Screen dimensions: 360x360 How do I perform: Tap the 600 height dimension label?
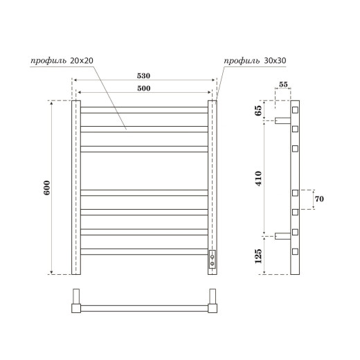tap(47, 188)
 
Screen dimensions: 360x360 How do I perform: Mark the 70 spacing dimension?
tap(319, 199)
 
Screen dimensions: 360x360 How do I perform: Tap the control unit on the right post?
tap(213, 260)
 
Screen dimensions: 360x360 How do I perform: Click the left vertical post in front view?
tap(76, 187)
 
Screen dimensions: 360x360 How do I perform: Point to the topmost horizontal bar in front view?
tap(144, 109)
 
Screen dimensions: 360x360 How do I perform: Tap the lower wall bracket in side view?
tap(281, 236)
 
